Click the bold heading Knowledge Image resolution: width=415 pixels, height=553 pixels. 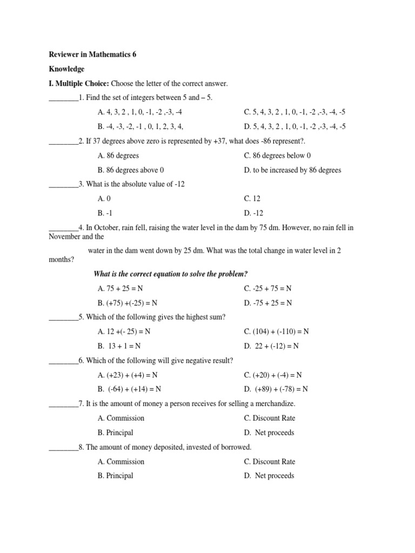click(x=66, y=69)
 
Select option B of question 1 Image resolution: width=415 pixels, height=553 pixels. click(x=140, y=126)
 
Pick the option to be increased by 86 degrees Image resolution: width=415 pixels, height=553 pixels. click(x=292, y=170)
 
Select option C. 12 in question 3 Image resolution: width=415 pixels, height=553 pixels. click(x=253, y=199)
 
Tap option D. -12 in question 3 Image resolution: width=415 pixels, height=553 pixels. click(x=254, y=213)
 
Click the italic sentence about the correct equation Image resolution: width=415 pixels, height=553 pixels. click(x=171, y=274)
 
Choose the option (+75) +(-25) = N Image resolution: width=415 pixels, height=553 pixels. click(x=129, y=303)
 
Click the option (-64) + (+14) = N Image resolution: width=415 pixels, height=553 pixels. click(x=130, y=389)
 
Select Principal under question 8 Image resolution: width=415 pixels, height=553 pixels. click(x=116, y=476)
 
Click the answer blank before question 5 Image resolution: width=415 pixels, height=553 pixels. click(x=63, y=318)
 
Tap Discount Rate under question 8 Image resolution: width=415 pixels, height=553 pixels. click(x=270, y=462)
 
